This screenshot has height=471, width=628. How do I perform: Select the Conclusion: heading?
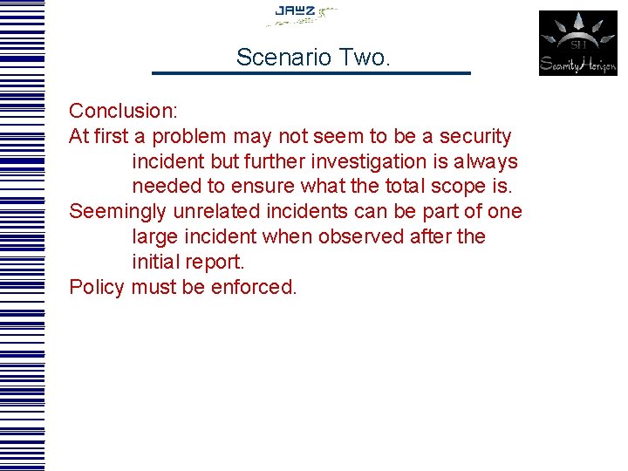click(x=123, y=111)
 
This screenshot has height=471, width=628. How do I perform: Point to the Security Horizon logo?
click(x=577, y=43)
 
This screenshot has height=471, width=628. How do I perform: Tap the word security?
click(x=475, y=137)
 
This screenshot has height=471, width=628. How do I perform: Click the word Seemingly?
click(x=119, y=212)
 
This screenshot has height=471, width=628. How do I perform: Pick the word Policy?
click(x=97, y=287)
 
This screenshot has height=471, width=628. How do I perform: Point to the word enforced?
click(x=254, y=287)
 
